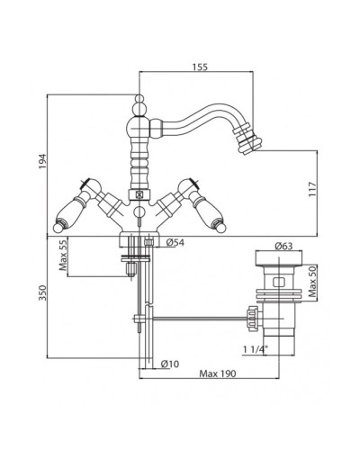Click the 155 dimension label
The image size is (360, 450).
pyautogui.click(x=200, y=67)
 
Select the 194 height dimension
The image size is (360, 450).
pyautogui.click(x=43, y=161)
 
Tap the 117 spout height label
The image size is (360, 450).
pyautogui.click(x=312, y=189)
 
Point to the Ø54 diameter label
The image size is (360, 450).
pyautogui.click(x=175, y=242)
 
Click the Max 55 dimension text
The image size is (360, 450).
pyautogui.click(x=63, y=256)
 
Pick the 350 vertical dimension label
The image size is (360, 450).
pyautogui.click(x=43, y=292)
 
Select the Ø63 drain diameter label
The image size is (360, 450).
pyautogui.click(x=283, y=246)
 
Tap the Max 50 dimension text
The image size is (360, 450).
pyautogui.click(x=313, y=282)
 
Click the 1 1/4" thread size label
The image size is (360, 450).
pyautogui.click(x=256, y=349)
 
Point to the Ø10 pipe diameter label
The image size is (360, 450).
pyautogui.click(x=170, y=364)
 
